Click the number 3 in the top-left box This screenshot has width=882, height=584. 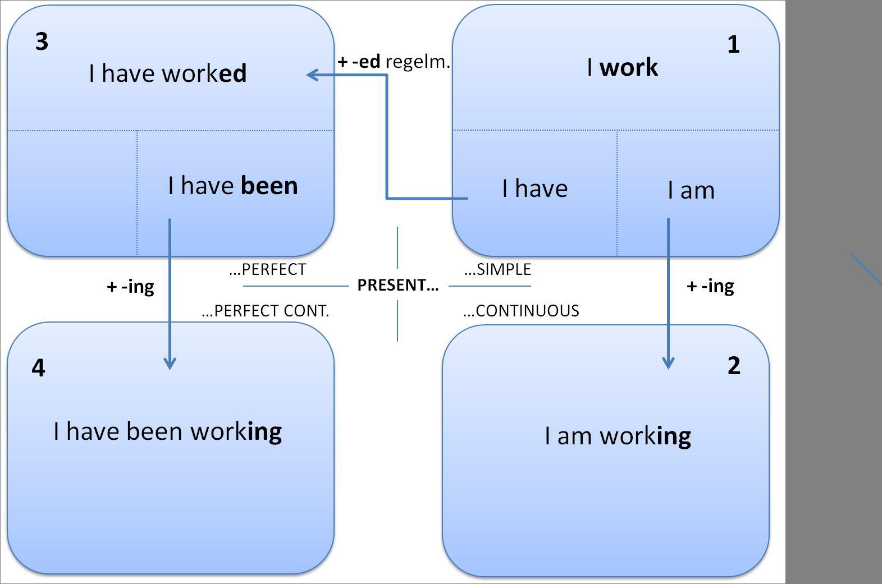42,42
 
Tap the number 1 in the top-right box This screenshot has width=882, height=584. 733,45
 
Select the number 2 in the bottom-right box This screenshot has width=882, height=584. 734,366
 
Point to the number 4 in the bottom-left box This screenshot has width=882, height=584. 38,368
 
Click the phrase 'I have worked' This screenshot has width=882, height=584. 167,73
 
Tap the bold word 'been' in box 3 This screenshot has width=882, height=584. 269,186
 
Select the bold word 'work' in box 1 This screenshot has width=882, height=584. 629,67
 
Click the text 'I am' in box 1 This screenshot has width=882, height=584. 691,191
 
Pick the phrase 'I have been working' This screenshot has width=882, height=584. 167,432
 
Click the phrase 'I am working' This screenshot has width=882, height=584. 618,436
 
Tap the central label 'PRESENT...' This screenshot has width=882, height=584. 397,285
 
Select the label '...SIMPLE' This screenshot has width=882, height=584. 497,270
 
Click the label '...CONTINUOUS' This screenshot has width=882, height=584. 521,311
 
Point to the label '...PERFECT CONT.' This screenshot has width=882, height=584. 265,311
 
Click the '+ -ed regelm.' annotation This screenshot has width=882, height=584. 394,62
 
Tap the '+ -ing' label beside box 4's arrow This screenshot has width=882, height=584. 130,287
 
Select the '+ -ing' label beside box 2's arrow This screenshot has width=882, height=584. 710,286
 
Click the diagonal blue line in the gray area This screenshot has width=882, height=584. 866,269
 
